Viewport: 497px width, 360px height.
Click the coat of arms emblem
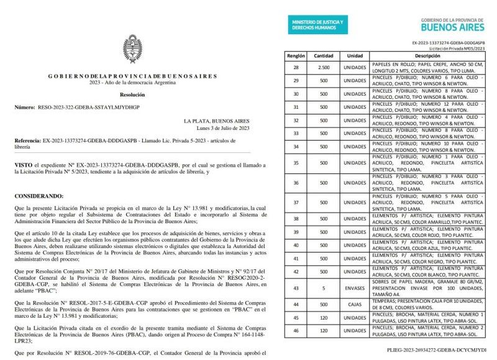point(132,53)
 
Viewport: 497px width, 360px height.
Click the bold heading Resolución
point(132,95)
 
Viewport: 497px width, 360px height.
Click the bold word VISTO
point(24,164)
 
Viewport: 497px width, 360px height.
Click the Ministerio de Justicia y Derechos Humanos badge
point(318,25)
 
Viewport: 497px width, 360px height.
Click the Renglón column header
point(296,55)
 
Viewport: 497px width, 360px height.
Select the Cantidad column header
point(323,55)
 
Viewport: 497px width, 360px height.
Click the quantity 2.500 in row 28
point(323,67)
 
